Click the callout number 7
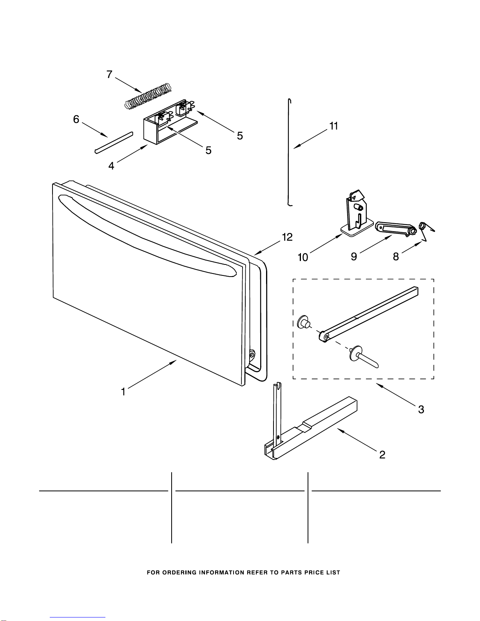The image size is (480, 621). pos(109,74)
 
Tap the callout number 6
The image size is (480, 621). pos(76,119)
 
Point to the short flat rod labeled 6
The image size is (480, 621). pos(114,143)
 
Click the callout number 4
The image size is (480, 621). pos(111,165)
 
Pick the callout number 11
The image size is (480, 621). pos(334,126)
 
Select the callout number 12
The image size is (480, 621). pos(288,237)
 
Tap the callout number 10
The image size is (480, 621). pos(303,257)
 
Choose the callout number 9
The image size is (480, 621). pos(354,256)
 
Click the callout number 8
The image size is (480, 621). pos(396,256)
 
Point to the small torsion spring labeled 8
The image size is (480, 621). pos(426,231)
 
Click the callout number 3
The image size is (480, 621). pos(421,409)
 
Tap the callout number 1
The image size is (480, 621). pos(123,391)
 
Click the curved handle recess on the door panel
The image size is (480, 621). pos(147,235)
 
